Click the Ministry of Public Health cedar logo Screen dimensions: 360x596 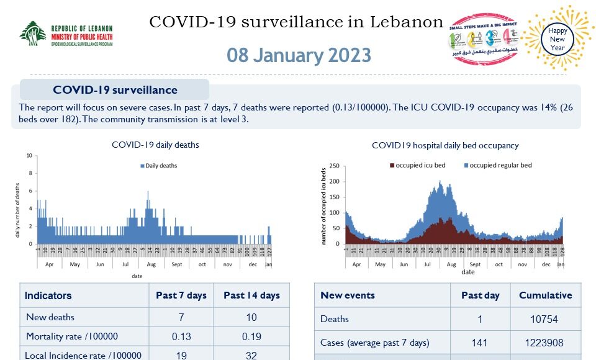32,34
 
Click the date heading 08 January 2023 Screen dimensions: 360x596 299,55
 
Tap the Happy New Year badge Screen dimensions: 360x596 558,38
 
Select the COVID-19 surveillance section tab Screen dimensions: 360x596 115,90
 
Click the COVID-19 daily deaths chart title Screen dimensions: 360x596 155,145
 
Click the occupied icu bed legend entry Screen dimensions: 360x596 417,165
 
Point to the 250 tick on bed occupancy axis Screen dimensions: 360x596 333,166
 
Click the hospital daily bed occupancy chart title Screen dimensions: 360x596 445,145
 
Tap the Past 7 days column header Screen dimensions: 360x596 181,295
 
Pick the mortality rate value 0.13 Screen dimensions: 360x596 181,336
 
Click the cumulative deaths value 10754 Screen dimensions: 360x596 545,319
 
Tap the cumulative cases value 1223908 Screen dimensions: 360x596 545,343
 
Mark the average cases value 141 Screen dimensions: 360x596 480,343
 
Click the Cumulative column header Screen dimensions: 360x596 545,295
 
